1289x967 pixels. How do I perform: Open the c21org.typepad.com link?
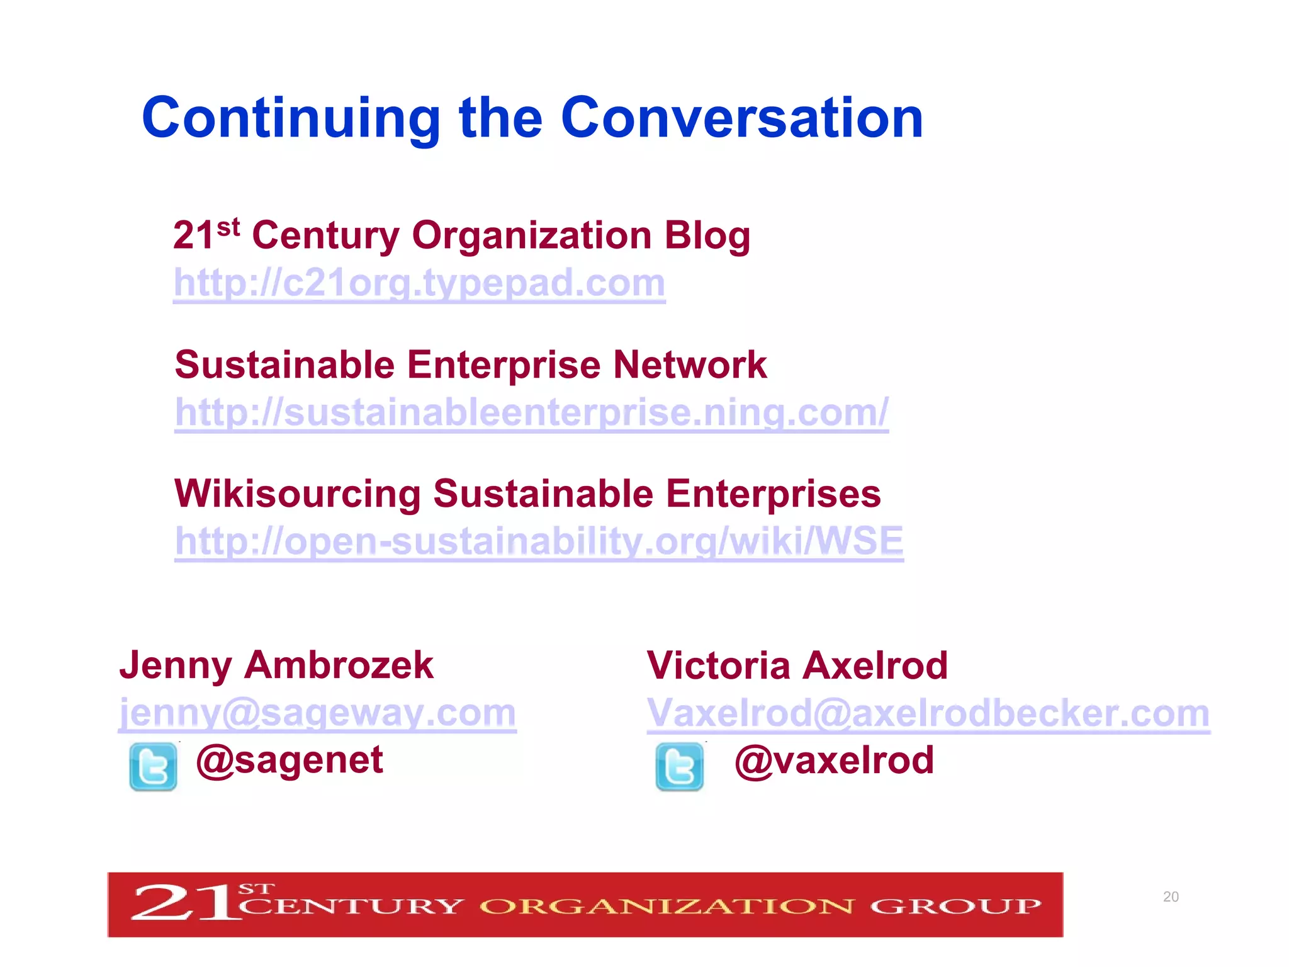pyautogui.click(x=419, y=283)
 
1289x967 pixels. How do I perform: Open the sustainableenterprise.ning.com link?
pyautogui.click(x=531, y=412)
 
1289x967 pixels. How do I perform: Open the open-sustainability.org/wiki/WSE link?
pyautogui.click(x=539, y=541)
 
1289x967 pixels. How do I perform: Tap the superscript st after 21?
pyautogui.click(x=228, y=227)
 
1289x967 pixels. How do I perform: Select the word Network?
pyautogui.click(x=690, y=365)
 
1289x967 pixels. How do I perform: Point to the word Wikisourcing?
pyautogui.click(x=297, y=494)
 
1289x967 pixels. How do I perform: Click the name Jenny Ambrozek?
pyautogui.click(x=276, y=665)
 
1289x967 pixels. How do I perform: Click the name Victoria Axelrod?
pyautogui.click(x=797, y=665)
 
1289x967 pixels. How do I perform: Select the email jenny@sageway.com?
pyautogui.click(x=318, y=713)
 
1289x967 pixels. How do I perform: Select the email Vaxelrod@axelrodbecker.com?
pyautogui.click(x=928, y=713)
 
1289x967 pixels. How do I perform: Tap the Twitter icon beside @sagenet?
pyautogui.click(x=153, y=767)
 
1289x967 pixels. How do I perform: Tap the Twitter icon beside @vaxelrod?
pyautogui.click(x=679, y=767)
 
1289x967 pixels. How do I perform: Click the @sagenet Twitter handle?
pyautogui.click(x=290, y=761)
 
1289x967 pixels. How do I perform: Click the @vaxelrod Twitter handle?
pyautogui.click(x=834, y=761)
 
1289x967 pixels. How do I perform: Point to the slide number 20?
pyautogui.click(x=1171, y=896)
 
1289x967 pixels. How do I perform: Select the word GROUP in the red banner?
pyautogui.click(x=955, y=907)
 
